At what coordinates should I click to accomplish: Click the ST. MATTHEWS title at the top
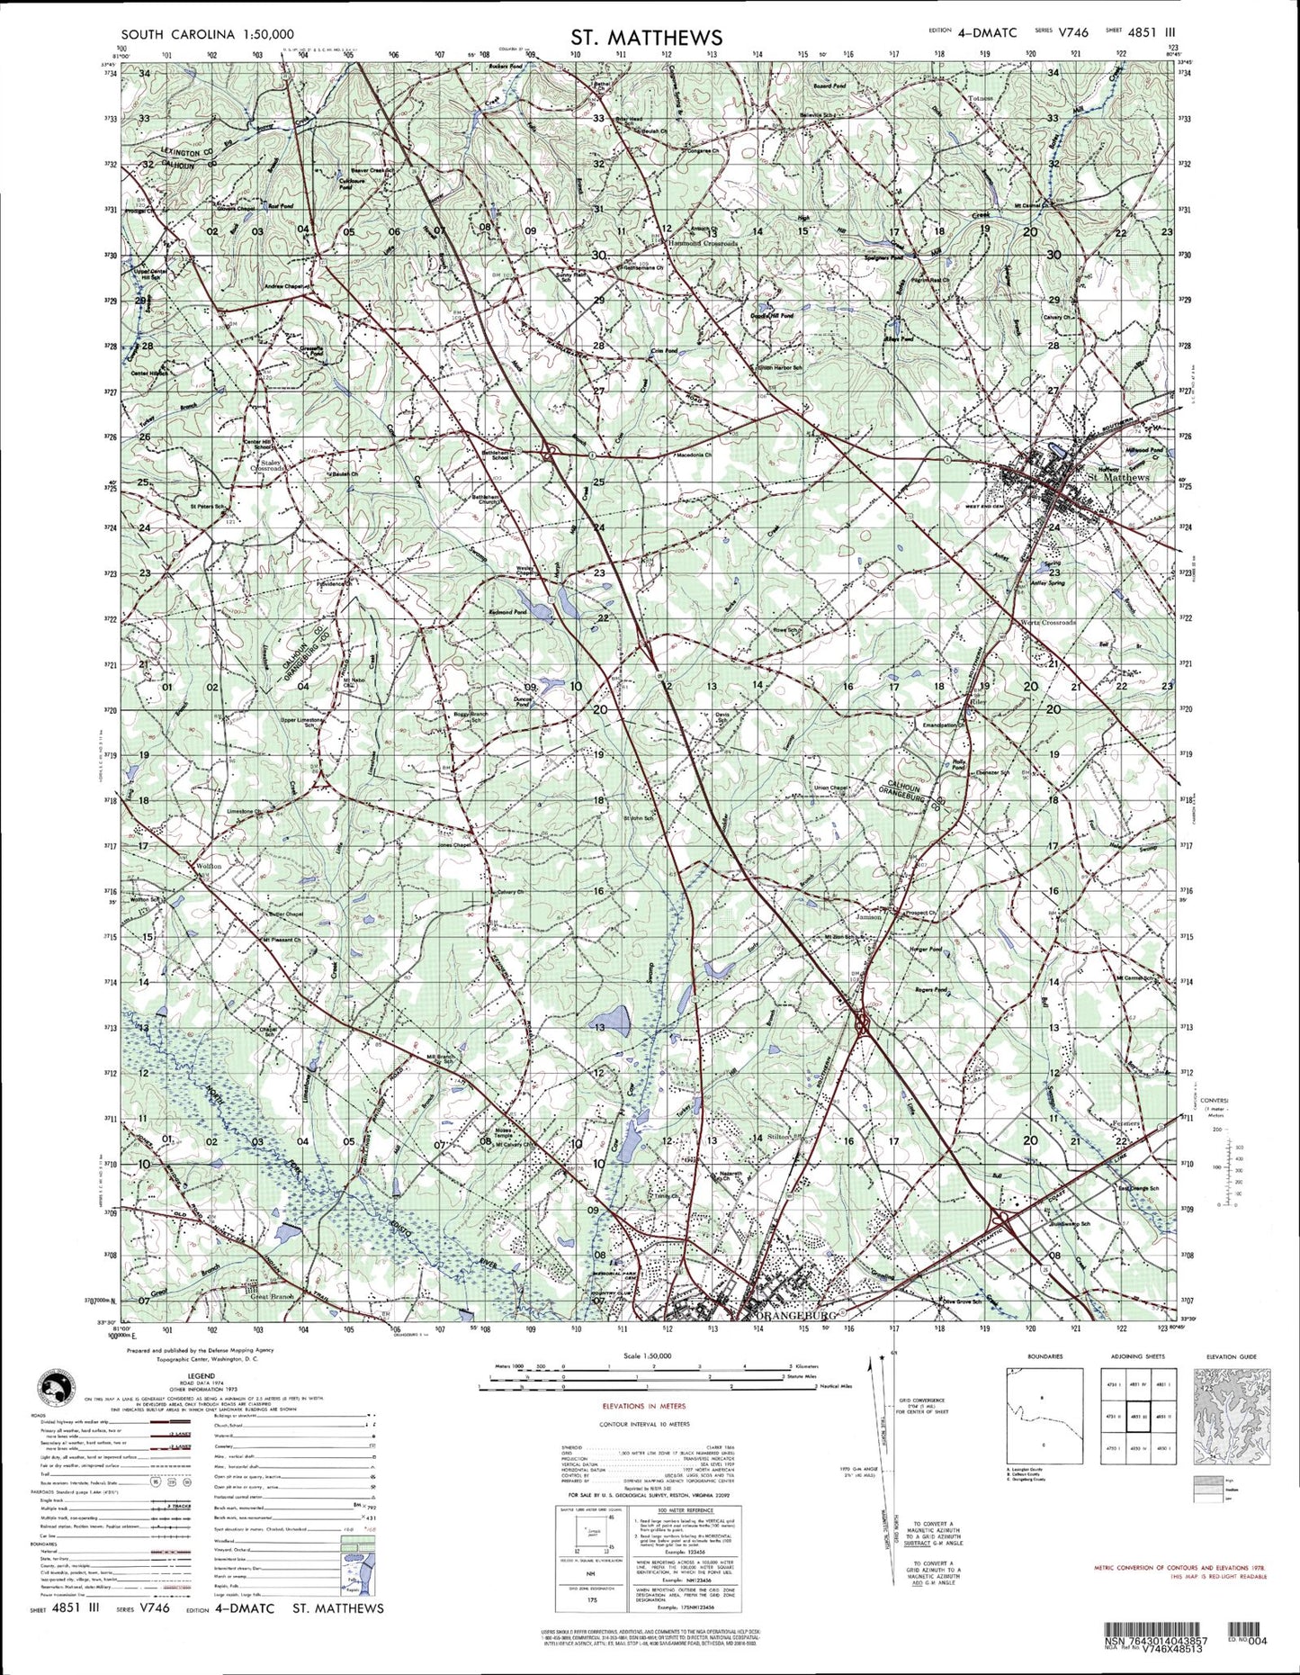pos(645,37)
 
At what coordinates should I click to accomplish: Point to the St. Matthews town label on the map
pos(1118,477)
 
